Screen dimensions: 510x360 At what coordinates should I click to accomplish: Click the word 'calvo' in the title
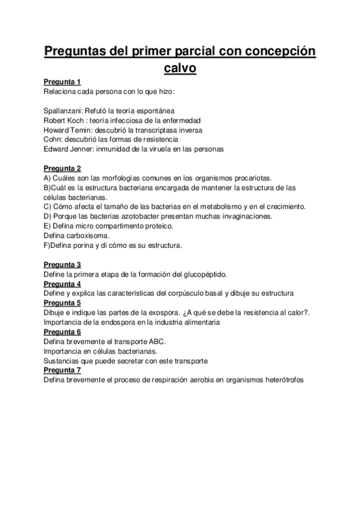tap(180, 68)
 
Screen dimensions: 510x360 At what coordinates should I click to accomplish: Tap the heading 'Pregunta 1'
tap(63, 82)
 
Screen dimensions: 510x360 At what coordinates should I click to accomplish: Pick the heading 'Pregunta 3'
tap(63, 265)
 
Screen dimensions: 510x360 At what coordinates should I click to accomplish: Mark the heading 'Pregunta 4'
tap(63, 284)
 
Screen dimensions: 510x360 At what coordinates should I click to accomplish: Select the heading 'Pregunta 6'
tap(63, 332)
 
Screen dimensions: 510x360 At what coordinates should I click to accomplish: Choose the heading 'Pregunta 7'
tap(63, 370)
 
